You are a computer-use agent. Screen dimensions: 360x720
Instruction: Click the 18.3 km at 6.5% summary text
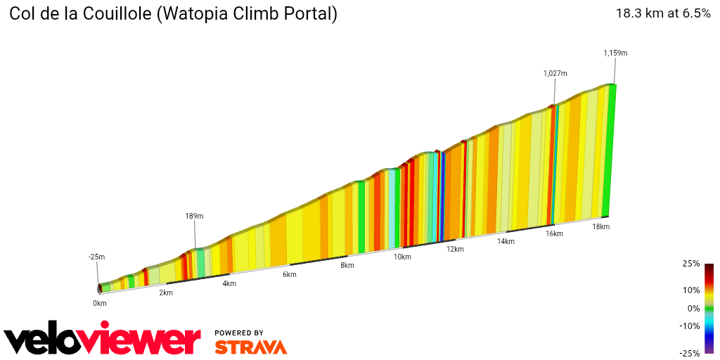point(663,13)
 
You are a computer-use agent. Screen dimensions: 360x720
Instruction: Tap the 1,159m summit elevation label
point(615,53)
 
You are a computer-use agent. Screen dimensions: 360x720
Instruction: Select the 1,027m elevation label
point(555,73)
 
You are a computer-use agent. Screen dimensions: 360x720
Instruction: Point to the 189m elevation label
point(194,216)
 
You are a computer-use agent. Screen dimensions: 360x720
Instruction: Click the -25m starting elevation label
point(96,257)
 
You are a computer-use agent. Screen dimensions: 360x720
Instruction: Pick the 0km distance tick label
point(99,303)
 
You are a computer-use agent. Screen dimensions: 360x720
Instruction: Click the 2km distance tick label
point(166,292)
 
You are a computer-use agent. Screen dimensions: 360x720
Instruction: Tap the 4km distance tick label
point(229,283)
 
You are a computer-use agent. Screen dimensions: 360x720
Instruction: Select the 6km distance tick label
point(290,274)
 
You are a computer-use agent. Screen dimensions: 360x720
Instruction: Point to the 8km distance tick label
point(347,266)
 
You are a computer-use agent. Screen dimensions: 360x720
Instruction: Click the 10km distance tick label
point(402,257)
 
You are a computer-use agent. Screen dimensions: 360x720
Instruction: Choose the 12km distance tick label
point(455,249)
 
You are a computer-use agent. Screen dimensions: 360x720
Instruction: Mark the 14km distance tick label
point(506,241)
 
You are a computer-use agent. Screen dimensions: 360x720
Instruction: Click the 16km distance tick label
point(554,233)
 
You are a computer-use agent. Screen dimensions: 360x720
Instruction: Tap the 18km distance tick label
point(600,226)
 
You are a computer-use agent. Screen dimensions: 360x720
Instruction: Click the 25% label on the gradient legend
point(690,264)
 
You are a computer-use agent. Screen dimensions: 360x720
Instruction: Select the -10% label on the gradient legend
point(689,326)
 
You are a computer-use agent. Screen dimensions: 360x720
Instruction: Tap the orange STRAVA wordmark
point(250,347)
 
